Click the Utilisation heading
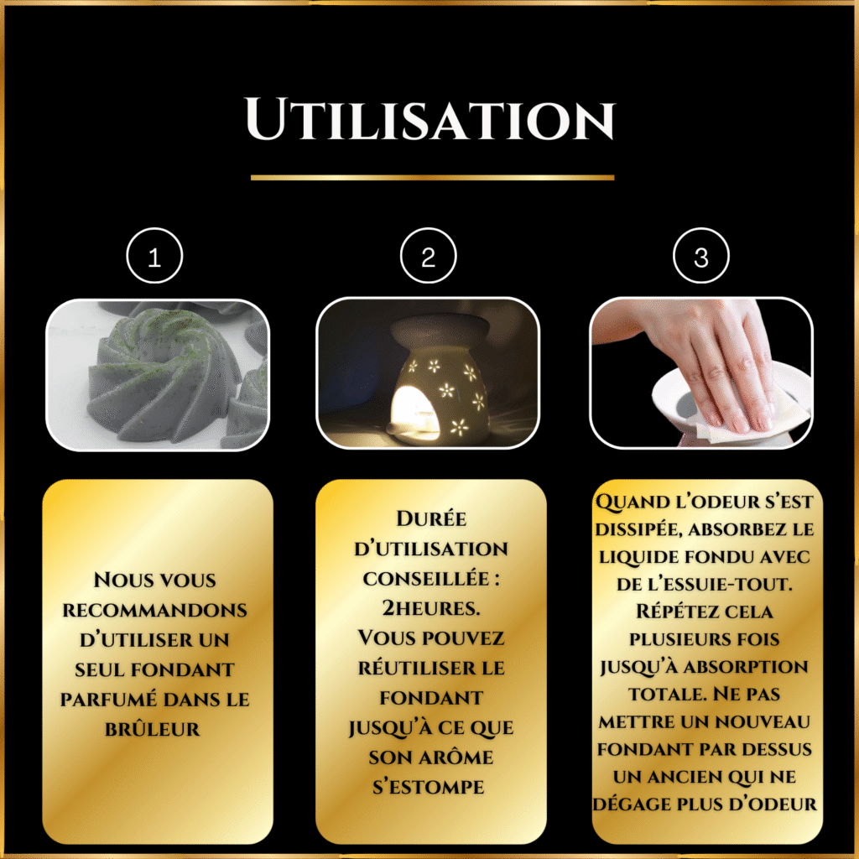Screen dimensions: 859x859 (430, 119)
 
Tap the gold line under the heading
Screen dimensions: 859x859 (432, 178)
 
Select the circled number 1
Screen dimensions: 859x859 (154, 256)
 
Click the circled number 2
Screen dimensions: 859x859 (429, 256)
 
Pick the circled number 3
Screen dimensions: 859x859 (701, 256)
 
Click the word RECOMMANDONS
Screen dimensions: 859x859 (154, 611)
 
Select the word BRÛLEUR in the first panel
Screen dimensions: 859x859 (153, 729)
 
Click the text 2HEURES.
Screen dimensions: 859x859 (431, 608)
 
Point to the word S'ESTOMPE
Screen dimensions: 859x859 (429, 787)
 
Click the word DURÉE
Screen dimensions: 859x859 (431, 518)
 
